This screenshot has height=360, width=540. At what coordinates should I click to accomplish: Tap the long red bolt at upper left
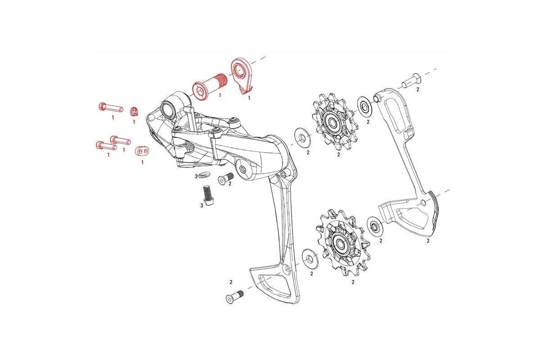point(110,108)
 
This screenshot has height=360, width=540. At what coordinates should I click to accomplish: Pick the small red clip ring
point(134,111)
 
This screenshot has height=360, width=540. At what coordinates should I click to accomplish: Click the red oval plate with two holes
point(142,150)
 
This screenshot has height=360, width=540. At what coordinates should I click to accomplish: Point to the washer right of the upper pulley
point(364,105)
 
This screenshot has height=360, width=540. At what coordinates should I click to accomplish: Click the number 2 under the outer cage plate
point(428,241)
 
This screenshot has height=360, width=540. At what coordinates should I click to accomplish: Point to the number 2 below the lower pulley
point(353,283)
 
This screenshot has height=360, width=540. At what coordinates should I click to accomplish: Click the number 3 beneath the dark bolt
point(201,205)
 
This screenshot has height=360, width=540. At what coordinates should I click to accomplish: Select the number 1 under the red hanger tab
point(249,98)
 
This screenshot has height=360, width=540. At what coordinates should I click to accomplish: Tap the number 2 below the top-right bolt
point(417,90)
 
